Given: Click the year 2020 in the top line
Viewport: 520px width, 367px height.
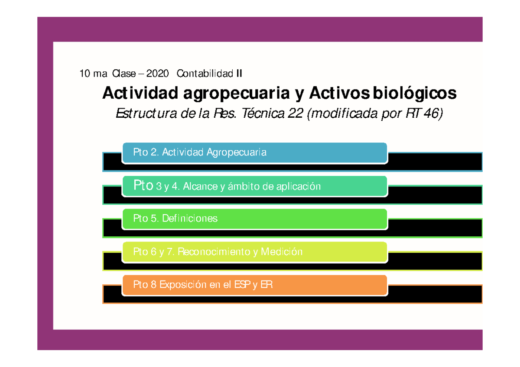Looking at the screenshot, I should (157, 74).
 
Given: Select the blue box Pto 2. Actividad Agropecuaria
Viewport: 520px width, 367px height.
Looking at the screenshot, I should (254, 153).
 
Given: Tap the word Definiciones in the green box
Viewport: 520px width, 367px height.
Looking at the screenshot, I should (190, 219).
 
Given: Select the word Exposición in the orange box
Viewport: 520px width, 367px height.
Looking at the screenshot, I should (181, 285).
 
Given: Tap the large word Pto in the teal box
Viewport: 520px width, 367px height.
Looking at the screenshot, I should (143, 186).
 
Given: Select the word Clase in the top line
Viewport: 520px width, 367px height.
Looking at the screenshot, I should (124, 74).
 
